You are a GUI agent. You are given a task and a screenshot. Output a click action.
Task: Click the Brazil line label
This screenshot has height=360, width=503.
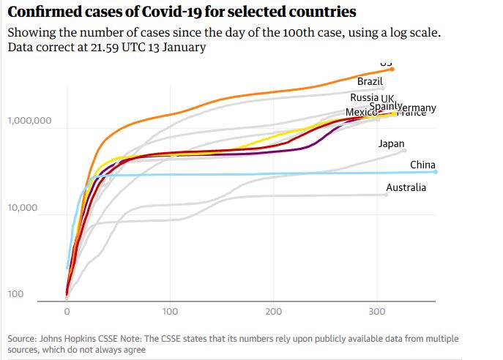pos(370,81)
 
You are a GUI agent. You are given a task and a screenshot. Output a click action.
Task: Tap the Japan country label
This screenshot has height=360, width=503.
pos(391,143)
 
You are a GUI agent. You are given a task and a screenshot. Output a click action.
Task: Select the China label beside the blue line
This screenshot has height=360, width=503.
pos(423,165)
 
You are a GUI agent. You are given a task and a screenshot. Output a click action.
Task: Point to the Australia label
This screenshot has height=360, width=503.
pos(406,187)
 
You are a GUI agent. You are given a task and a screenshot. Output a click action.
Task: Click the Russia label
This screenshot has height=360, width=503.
pos(364,97)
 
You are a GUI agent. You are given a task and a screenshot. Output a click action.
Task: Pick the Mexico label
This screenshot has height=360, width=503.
pos(359,112)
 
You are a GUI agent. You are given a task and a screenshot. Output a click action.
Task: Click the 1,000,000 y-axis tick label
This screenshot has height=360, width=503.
pos(29,121)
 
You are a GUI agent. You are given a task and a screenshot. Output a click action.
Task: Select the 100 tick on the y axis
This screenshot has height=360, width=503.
pos(15,294)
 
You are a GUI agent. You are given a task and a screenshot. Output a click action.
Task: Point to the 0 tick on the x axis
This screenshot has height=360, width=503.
pos(67,311)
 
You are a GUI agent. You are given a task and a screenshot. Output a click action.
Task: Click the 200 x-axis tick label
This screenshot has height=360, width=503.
pos(274,311)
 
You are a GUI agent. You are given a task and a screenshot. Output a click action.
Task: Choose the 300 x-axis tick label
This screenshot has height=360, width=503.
pos(377,311)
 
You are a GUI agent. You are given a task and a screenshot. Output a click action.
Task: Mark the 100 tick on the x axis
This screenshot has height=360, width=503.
pos(171,311)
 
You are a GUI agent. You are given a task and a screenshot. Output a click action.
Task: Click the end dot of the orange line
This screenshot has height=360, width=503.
pos(392,69)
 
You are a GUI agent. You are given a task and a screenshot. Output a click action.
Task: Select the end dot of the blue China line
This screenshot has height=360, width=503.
pos(436,172)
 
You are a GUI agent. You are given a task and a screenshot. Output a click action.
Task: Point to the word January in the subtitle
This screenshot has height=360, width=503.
pos(182,48)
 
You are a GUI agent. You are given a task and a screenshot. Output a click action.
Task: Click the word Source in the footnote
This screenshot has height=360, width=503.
pos(23,339)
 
